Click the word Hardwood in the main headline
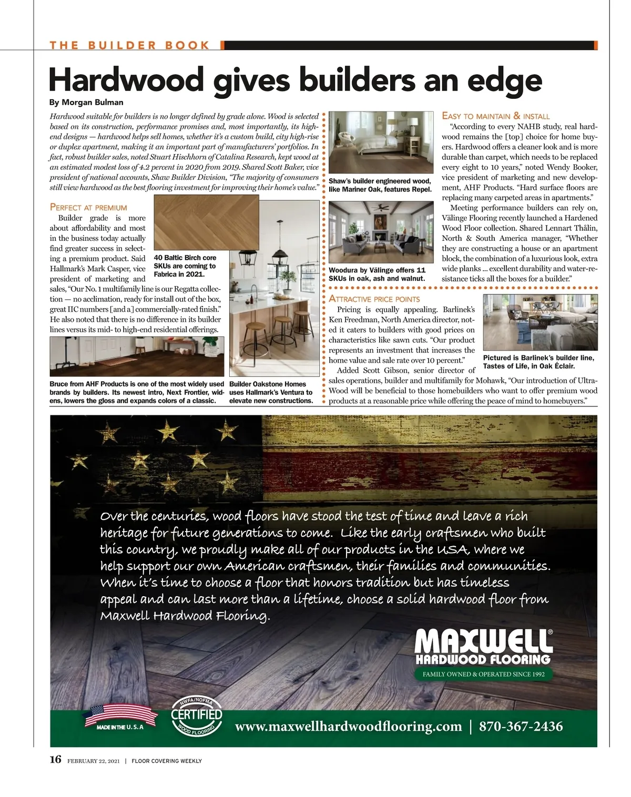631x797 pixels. tap(126, 80)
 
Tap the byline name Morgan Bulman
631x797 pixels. tap(93, 103)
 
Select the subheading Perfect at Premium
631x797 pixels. tap(88, 207)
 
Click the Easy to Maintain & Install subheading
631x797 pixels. tap(495, 116)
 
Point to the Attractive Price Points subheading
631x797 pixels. tap(374, 299)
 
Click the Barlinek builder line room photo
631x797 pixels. tap(540, 322)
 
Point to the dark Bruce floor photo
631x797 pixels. tap(137, 356)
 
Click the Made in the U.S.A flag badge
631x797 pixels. tap(120, 717)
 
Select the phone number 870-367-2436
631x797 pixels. tap(521, 727)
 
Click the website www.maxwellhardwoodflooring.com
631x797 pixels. tap(348, 727)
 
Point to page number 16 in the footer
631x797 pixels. tap(55, 759)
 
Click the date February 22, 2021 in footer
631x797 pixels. tap(94, 761)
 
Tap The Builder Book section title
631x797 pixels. tap(130, 45)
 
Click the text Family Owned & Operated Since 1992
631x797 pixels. tap(483, 674)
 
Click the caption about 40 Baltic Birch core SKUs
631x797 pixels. tap(185, 266)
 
